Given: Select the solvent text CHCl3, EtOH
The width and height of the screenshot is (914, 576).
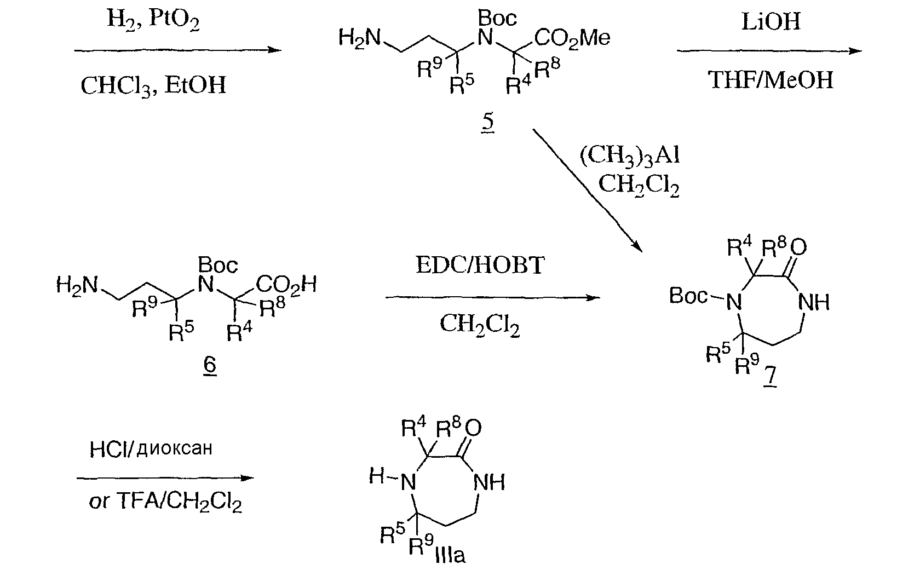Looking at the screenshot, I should tap(153, 86).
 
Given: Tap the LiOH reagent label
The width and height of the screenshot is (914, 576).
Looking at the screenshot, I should tap(771, 22).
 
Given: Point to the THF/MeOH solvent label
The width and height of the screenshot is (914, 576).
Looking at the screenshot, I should tap(771, 80).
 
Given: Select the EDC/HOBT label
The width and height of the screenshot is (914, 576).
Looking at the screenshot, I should tap(480, 266).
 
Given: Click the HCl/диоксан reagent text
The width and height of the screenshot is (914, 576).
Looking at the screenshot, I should tap(150, 449).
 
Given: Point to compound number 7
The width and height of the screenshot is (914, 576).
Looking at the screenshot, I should tap(771, 377).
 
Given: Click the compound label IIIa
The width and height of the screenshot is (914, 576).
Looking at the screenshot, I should tap(450, 556).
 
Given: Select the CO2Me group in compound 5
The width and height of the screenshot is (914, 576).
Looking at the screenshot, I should tap(572, 38).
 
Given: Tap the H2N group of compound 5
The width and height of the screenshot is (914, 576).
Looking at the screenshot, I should tap(359, 38).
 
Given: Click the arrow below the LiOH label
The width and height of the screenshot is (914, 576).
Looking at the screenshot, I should tap(769, 51).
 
